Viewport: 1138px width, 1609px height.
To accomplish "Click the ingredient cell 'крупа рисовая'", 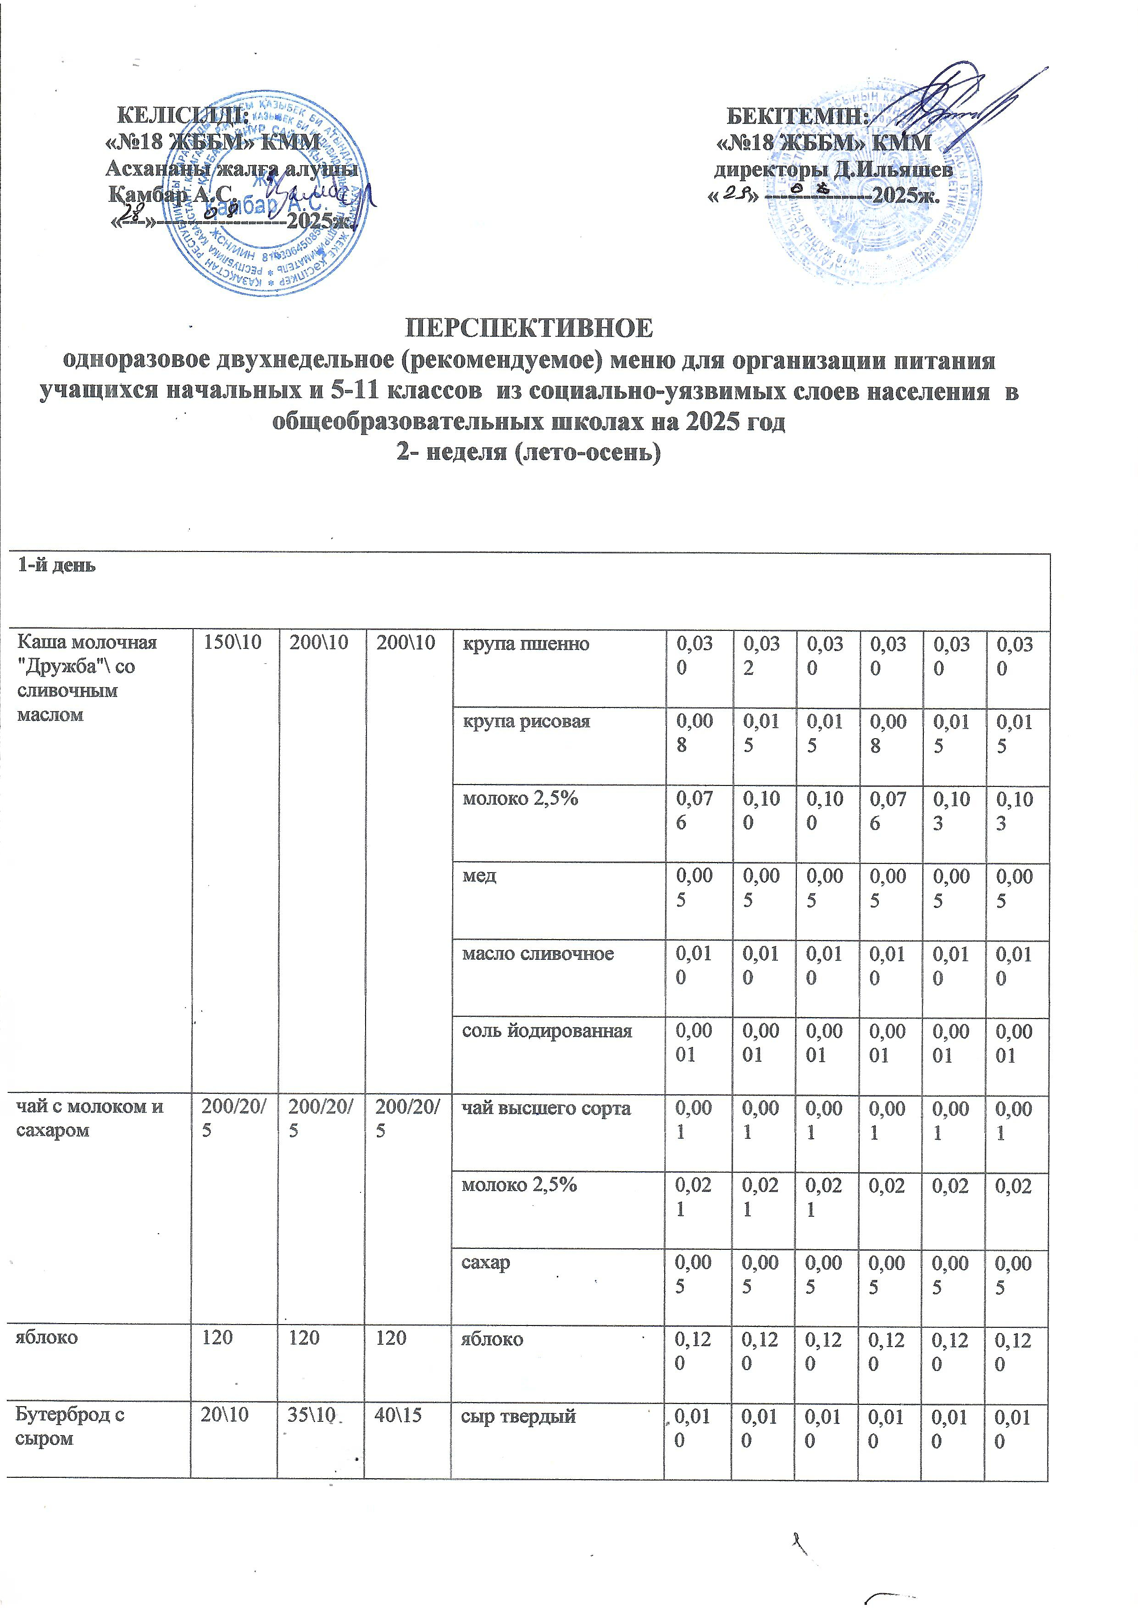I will [526, 721].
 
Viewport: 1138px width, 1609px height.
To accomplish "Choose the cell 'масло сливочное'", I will [538, 953].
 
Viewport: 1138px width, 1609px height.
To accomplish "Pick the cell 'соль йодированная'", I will [547, 1031].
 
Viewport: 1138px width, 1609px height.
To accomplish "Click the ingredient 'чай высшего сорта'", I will [546, 1108].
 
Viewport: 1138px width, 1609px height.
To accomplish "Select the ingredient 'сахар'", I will [485, 1262].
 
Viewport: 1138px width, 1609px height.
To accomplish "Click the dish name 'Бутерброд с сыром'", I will [70, 1427].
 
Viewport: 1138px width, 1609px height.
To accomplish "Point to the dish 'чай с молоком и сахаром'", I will [90, 1119].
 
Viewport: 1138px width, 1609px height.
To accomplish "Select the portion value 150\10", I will [230, 643].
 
